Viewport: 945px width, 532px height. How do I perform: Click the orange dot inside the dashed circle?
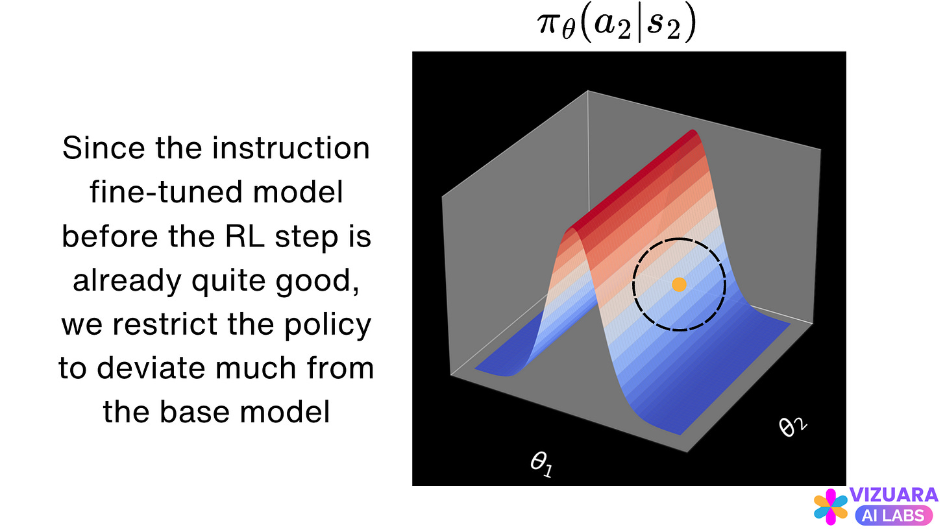[679, 284]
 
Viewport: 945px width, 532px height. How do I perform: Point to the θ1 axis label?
[542, 465]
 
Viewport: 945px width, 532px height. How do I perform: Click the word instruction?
[291, 149]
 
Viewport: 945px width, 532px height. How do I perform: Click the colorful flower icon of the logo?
[831, 507]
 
